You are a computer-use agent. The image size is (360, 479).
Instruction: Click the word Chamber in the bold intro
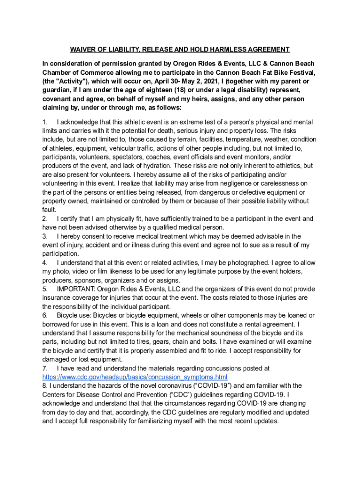(x=57, y=73)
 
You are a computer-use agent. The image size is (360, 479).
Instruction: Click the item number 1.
(x=44, y=122)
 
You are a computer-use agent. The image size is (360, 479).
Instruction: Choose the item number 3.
(x=44, y=236)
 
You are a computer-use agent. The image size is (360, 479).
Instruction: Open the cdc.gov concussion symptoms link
(x=135, y=377)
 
